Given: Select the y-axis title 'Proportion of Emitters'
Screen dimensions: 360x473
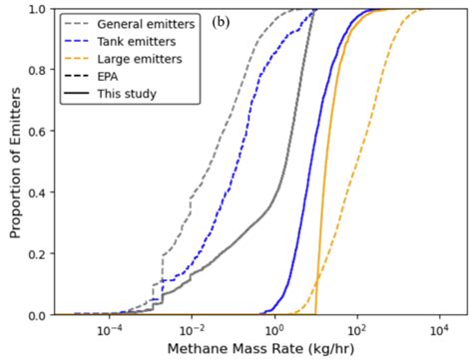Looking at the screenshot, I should click(x=12, y=163).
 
